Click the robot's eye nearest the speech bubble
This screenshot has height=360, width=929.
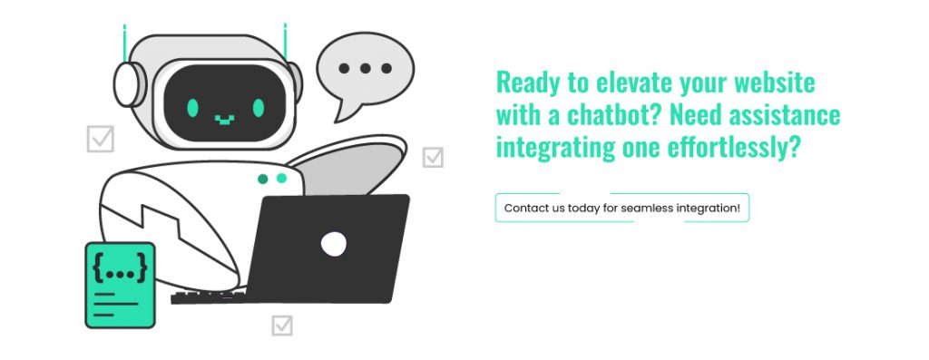[x=259, y=108]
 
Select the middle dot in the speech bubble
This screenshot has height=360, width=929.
[x=366, y=68]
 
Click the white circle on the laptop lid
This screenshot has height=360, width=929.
[x=333, y=243]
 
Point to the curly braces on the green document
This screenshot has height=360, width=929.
[x=120, y=269]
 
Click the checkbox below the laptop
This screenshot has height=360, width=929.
[x=282, y=325]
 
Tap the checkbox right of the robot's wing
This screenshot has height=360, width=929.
[x=433, y=157]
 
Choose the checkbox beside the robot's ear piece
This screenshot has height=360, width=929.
[x=100, y=139]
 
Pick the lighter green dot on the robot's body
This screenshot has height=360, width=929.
[x=281, y=179]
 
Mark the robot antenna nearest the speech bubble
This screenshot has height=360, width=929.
[x=285, y=42]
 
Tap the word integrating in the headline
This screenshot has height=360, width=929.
[x=545, y=148]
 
